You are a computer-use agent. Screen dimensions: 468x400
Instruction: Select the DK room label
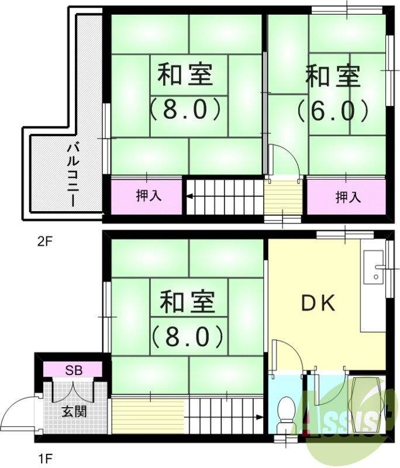(318, 302)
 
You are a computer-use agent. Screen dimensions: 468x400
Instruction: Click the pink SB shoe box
(73, 370)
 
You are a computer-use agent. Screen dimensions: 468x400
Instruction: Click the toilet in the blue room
(287, 410)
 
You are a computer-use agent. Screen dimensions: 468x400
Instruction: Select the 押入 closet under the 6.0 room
(347, 197)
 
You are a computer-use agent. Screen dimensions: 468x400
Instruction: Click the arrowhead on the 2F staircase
(189, 197)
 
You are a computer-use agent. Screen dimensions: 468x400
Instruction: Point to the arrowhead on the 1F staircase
(258, 417)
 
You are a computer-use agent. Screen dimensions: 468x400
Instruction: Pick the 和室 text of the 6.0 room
(332, 76)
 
